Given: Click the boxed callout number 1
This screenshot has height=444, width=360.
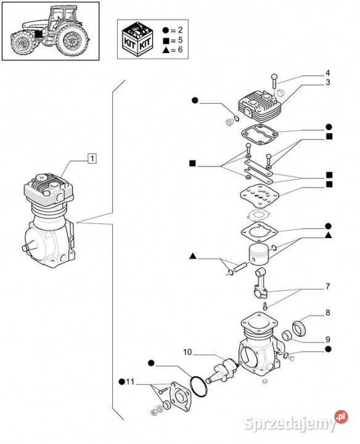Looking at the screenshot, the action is point(92,158).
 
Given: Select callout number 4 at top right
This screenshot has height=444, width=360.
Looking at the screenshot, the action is point(327,73).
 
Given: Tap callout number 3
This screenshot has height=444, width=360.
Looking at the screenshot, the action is point(327,83).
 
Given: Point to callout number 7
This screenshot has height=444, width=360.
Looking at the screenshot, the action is point(328,287).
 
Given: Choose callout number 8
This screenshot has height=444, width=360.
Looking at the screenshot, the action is point(328,313).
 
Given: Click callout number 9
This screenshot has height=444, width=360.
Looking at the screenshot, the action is point(328,339).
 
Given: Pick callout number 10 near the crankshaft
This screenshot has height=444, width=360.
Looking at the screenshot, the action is point(187,352).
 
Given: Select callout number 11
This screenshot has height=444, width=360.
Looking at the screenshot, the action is point(129,382).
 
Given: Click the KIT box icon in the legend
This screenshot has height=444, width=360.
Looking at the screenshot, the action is point(137,38).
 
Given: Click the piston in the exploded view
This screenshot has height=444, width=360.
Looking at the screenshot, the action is point(258,254).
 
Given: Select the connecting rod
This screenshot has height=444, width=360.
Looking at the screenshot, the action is point(261,284).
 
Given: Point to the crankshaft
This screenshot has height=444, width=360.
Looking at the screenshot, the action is point(223,370).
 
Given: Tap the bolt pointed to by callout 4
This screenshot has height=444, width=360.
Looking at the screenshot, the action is point(274,81).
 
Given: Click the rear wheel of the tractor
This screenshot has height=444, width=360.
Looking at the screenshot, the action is point(72,40).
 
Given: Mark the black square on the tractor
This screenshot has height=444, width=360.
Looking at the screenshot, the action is point(38,34).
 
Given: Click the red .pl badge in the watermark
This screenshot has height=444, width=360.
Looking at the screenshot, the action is point(341,417).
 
